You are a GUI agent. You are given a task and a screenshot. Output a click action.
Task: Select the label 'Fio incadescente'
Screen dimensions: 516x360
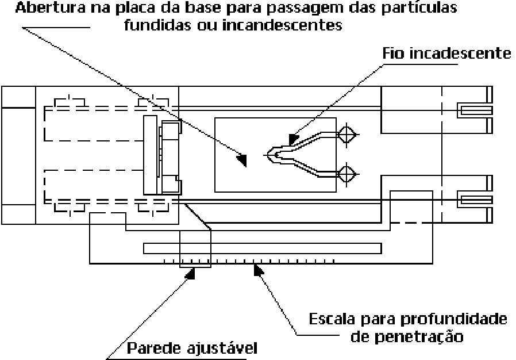[x=446, y=53]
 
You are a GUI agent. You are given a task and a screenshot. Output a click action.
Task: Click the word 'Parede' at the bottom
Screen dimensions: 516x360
[x=153, y=348]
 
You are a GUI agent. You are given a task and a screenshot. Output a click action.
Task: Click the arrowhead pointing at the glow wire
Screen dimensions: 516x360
[x=293, y=139]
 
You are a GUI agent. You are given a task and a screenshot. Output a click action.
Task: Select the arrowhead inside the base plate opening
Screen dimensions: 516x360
[x=242, y=160]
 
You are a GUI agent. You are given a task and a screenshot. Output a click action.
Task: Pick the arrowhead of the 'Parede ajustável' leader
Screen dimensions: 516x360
[x=191, y=273]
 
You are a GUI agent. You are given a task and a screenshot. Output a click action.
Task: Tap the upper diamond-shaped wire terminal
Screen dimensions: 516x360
[x=346, y=135]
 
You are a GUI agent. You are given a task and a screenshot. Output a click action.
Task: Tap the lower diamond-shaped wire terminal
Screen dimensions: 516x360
[x=346, y=174]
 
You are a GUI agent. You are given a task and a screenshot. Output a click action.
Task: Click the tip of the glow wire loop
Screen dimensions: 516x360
[x=268, y=155]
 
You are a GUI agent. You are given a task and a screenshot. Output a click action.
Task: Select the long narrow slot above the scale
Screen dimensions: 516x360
[x=262, y=248]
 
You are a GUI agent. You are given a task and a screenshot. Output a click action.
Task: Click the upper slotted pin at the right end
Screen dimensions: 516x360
[x=475, y=110]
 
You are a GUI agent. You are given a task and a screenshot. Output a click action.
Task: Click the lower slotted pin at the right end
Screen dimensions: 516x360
[x=475, y=200]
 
